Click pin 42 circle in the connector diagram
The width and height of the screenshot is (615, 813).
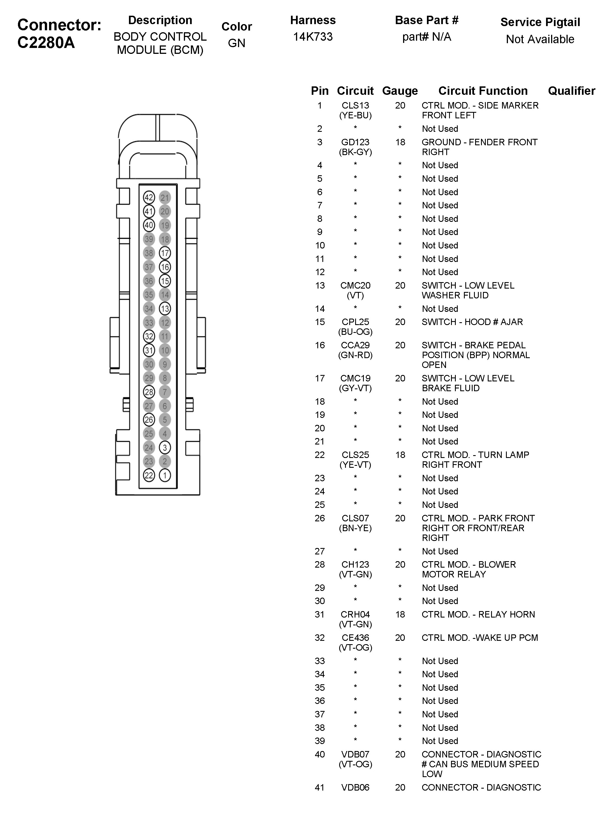149,197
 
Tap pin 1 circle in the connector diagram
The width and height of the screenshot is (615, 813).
165,475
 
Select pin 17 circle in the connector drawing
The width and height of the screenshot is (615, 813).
165,253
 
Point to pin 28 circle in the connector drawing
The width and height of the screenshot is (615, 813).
149,392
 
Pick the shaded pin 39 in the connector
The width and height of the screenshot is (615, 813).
149,239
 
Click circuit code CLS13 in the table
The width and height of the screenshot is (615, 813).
355,105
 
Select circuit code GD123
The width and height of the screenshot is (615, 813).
355,142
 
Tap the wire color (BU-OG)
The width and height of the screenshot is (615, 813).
355,332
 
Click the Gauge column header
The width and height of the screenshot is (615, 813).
400,91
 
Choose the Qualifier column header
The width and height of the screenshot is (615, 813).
571,91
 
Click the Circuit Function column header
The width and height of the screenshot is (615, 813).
483,91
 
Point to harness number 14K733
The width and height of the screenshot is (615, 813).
313,37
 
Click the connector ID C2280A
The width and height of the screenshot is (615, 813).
46,43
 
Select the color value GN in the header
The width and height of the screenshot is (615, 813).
236,43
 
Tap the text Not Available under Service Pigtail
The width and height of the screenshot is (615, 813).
540,39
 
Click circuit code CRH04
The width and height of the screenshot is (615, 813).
355,614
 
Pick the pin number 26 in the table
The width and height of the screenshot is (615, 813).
320,518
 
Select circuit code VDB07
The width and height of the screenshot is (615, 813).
355,755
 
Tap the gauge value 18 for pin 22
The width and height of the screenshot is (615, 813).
400,455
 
